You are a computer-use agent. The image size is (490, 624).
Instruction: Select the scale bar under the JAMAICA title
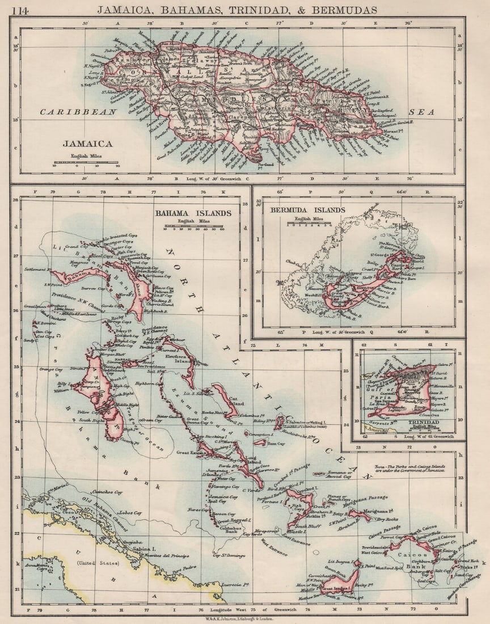click(86, 162)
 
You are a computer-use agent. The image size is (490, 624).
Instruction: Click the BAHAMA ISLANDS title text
click(193, 213)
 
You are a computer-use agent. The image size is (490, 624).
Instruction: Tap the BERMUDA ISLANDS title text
click(307, 210)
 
